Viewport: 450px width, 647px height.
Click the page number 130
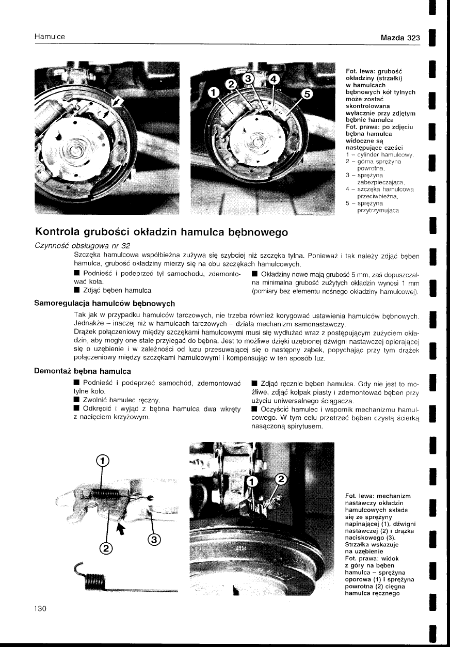point(40,609)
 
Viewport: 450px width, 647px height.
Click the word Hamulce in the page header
point(50,37)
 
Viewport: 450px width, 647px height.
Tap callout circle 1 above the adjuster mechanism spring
point(103,461)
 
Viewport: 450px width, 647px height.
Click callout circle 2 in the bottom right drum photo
point(281,479)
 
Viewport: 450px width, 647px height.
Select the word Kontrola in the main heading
point(60,232)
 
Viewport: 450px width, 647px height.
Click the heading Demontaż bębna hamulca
point(83,371)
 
